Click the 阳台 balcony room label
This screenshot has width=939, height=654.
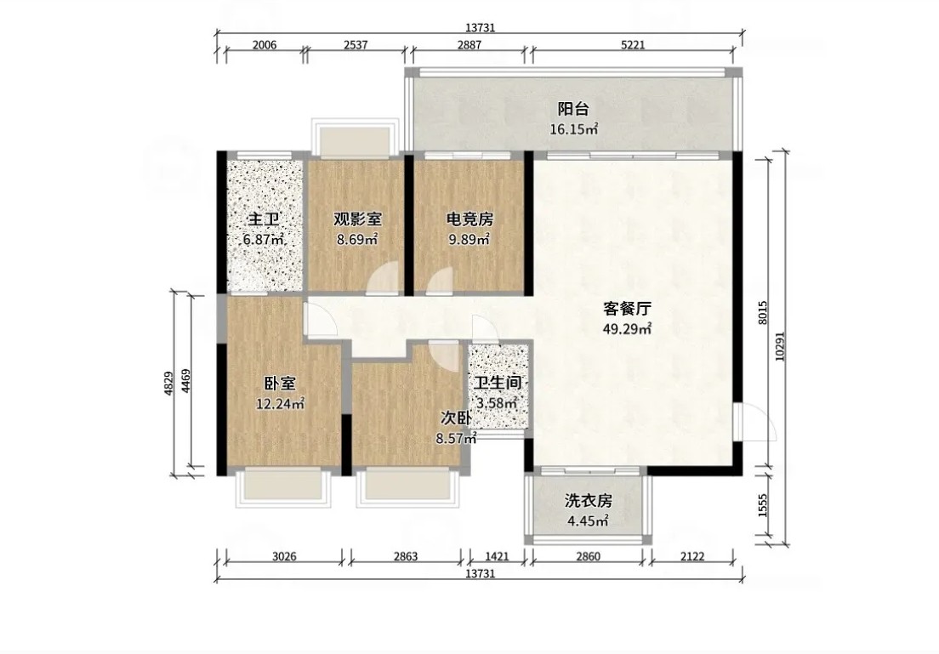573,110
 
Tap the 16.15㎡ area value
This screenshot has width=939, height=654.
574,128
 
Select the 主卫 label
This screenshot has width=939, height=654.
264,219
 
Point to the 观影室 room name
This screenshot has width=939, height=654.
357,219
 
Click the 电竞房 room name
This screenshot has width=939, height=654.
469,219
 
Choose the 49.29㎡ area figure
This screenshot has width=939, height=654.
627,328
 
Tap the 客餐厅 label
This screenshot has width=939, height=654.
627,309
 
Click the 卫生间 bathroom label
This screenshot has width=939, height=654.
498,383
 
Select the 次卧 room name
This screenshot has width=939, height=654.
457,418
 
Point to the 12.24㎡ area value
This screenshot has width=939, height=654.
281,404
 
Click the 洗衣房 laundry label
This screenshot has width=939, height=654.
588,501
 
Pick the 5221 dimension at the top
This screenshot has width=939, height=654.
633,45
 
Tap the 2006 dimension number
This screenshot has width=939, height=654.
264,45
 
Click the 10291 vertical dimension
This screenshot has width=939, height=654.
779,347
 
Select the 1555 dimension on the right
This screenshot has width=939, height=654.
762,505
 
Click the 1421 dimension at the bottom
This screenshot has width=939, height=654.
497,556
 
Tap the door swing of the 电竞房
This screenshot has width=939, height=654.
441,281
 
